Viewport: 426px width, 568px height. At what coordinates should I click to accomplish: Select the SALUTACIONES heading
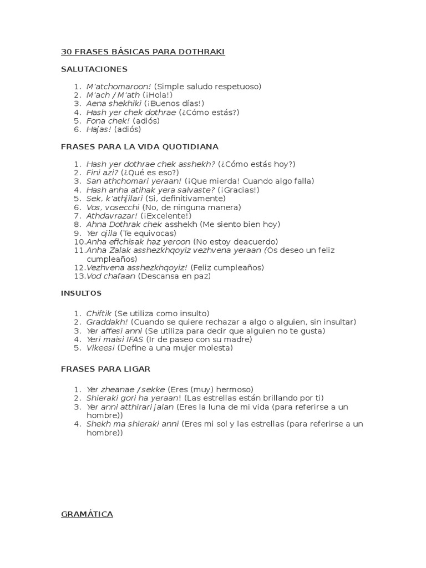click(94, 69)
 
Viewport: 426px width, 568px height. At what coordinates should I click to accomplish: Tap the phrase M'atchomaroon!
click(119, 87)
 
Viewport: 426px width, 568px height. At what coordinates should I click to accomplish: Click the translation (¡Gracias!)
click(238, 190)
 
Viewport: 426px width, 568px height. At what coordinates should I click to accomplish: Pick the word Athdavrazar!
click(112, 216)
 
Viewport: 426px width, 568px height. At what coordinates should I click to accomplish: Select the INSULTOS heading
click(81, 293)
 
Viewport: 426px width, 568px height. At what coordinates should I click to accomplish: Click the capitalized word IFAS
click(135, 339)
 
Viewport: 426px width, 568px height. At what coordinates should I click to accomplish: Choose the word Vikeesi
click(100, 348)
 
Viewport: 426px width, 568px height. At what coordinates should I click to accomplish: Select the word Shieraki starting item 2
click(103, 398)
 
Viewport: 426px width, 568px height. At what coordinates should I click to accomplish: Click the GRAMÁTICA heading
click(87, 514)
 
